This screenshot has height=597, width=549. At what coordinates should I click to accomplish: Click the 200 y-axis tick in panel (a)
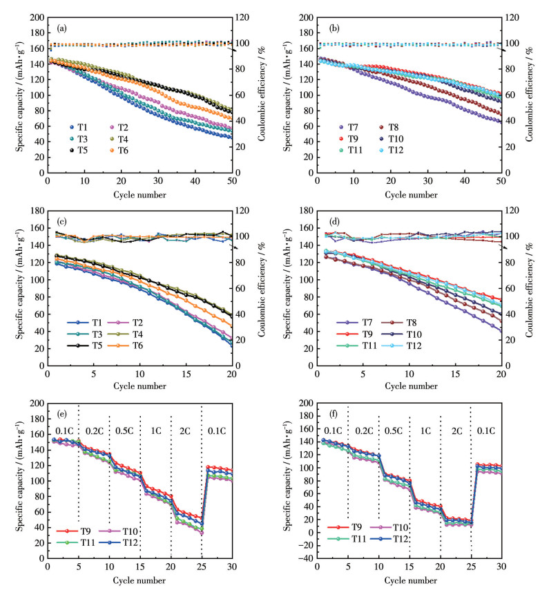click(36, 17)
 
